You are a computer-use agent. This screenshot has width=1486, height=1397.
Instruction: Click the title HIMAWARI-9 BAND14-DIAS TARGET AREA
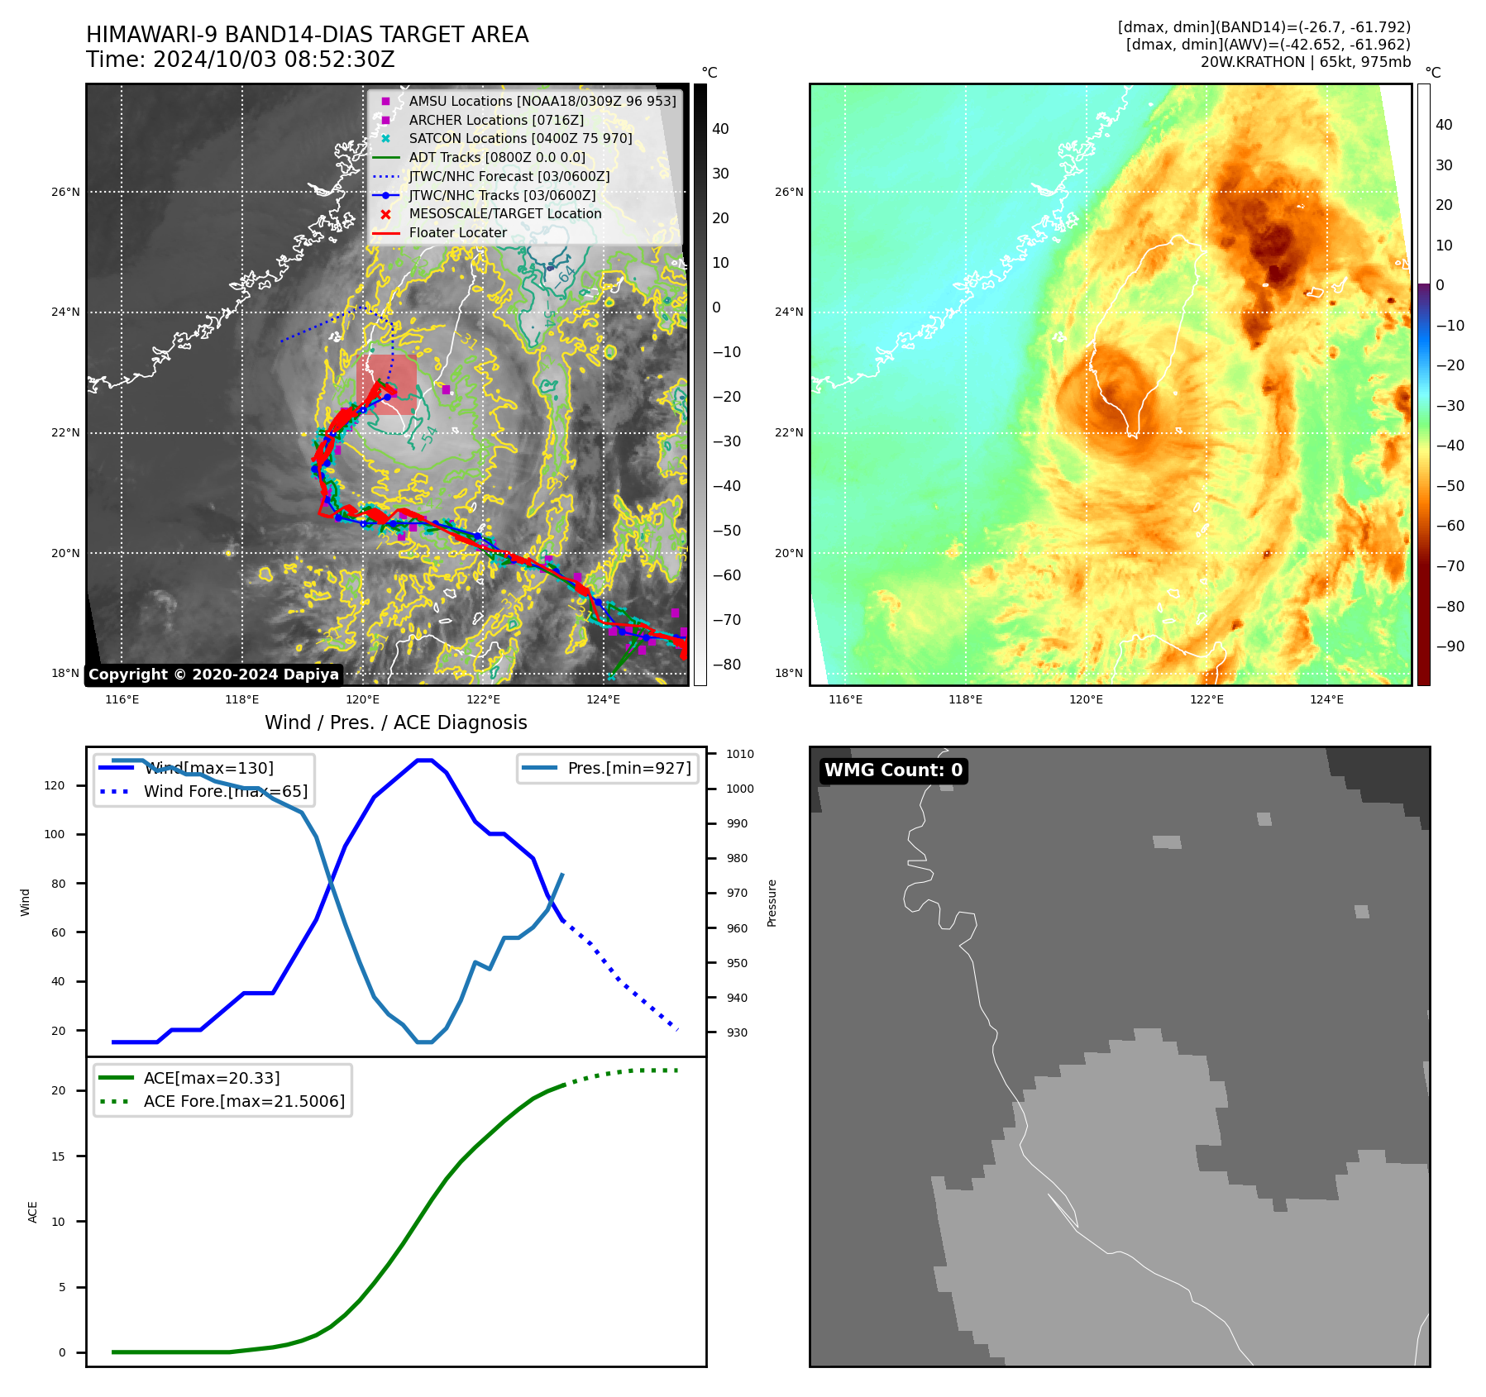[307, 35]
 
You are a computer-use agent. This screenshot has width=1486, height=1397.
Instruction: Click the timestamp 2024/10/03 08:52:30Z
[274, 60]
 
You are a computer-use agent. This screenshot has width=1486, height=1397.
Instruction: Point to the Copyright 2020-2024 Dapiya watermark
[213, 675]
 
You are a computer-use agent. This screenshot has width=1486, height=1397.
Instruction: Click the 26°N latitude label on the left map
[65, 192]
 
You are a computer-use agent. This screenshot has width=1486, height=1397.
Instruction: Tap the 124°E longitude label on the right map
[1326, 699]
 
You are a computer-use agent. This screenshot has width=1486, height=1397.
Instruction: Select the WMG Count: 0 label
[893, 770]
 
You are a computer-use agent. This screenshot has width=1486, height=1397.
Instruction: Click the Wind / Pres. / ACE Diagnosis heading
[395, 722]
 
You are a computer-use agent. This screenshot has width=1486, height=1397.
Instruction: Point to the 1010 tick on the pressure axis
[739, 754]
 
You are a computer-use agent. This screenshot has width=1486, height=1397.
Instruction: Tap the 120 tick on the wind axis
[55, 785]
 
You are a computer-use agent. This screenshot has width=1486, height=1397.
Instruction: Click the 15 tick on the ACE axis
[58, 1156]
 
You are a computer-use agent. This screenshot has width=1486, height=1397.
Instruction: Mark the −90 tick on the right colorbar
[1450, 646]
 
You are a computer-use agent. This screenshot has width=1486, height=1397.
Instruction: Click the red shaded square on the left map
[386, 384]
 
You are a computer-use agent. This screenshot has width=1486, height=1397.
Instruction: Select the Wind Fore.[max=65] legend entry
[225, 791]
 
